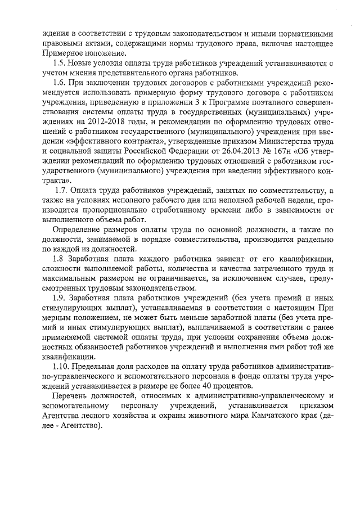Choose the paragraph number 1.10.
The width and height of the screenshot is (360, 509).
[x=61, y=366]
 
